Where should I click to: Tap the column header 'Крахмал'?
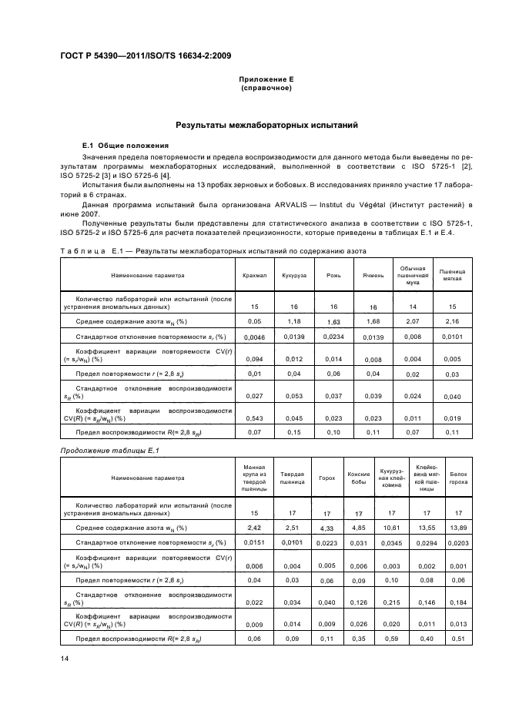point(255,273)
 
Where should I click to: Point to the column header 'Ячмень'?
point(373,273)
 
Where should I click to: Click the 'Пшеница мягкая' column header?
point(452,273)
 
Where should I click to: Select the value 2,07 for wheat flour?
point(413,321)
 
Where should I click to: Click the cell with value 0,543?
point(255,417)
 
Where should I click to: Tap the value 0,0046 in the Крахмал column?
point(255,337)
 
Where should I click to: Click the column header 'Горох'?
point(326,478)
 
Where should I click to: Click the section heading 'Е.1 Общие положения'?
point(120,146)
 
